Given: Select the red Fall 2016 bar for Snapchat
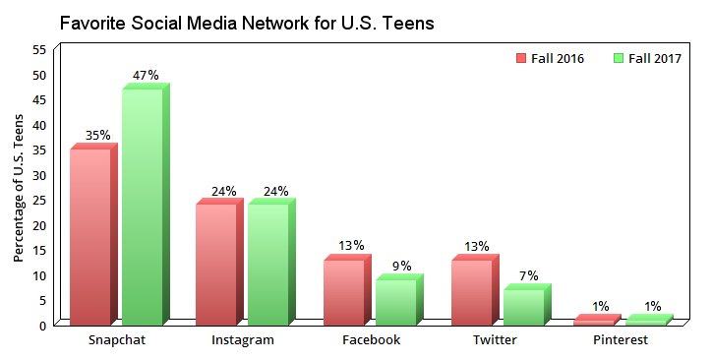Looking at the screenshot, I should point(90,236).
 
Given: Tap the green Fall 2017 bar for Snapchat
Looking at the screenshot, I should point(142,207).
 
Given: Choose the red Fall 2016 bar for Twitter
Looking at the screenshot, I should point(472,292).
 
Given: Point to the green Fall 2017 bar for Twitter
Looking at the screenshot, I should point(523,307).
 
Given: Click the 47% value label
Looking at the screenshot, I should point(146,75).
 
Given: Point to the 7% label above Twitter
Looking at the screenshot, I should point(527,276).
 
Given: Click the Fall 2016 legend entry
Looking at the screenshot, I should point(551,59).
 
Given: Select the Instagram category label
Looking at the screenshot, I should point(243,340).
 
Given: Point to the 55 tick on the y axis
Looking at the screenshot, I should point(39,49).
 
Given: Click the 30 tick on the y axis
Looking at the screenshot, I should point(39,174).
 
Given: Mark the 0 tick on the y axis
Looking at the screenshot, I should point(43,325).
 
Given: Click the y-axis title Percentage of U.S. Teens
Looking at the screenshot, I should point(19,186).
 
